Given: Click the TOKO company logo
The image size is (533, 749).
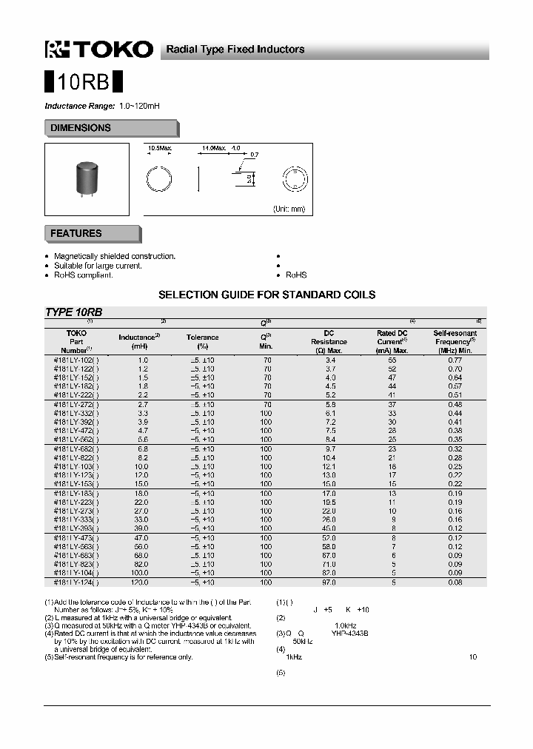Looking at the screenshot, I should click(99, 50).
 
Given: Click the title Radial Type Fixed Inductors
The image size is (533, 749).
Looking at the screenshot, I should click(235, 50).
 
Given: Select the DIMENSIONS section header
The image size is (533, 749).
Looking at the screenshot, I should click(81, 128).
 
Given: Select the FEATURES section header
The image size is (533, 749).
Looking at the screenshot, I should click(76, 233).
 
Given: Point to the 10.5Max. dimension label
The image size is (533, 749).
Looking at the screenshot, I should click(160, 149).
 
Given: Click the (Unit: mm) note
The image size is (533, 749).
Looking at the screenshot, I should click(289, 209).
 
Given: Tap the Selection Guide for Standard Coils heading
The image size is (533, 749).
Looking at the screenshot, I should click(266, 295).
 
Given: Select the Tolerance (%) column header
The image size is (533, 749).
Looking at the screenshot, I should click(202, 341).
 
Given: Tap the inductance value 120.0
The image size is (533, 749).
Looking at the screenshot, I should click(138, 582).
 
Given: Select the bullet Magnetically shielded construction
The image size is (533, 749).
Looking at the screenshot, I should click(115, 256).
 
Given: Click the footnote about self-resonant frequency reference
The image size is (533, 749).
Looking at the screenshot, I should click(118, 656).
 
